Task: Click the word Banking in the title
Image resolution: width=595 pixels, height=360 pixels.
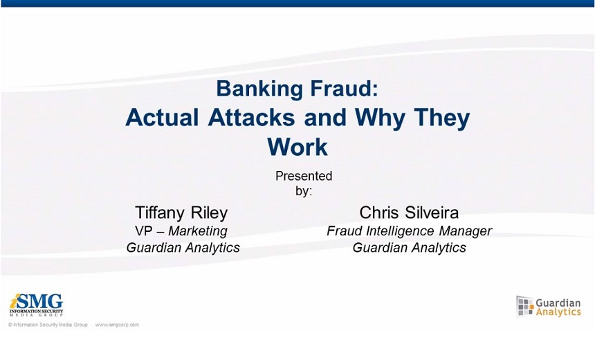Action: pyautogui.click(x=260, y=89)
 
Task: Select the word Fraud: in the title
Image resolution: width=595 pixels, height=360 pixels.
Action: pyautogui.click(x=344, y=88)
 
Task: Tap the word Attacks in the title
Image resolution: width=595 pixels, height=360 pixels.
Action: pyautogui.click(x=251, y=117)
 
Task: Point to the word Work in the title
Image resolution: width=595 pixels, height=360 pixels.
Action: pyautogui.click(x=297, y=147)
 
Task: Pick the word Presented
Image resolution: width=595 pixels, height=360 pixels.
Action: pyautogui.click(x=304, y=176)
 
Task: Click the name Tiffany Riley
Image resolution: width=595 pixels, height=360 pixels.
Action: pyautogui.click(x=181, y=213)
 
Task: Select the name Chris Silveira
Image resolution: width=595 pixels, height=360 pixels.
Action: pyautogui.click(x=409, y=213)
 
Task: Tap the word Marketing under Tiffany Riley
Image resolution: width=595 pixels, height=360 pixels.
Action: pyautogui.click(x=198, y=231)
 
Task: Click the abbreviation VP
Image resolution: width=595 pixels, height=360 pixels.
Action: pyautogui.click(x=143, y=231)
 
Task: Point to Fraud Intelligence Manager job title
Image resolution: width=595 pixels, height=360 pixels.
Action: pyautogui.click(x=410, y=231)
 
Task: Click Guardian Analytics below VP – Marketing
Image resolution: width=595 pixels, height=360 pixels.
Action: pyautogui.click(x=183, y=248)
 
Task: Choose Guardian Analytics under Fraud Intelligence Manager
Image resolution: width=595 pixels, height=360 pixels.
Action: pyautogui.click(x=410, y=248)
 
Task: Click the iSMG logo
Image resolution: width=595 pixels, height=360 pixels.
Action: pyautogui.click(x=37, y=305)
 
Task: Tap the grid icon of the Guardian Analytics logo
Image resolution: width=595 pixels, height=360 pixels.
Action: pyautogui.click(x=525, y=306)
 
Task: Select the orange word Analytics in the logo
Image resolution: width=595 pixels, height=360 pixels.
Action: pyautogui.click(x=558, y=312)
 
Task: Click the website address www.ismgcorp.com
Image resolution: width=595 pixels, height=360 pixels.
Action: pyautogui.click(x=117, y=325)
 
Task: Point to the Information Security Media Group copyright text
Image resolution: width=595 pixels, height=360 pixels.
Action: pyautogui.click(x=48, y=325)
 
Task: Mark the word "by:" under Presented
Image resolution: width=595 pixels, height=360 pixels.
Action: pyautogui.click(x=304, y=190)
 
